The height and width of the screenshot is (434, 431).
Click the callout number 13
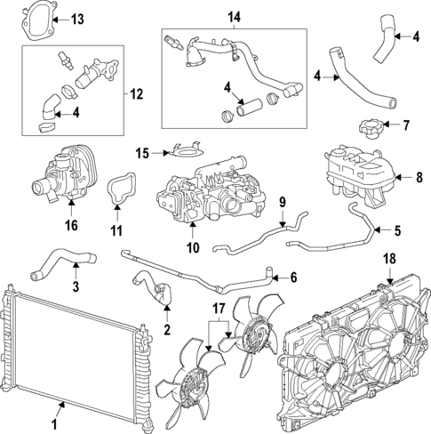[x=78, y=19]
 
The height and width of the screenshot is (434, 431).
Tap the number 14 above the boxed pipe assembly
[x=234, y=17]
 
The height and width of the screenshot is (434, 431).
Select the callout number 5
[x=396, y=230]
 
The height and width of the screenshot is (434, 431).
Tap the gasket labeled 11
[x=116, y=191]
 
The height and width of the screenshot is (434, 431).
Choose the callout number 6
[x=293, y=277]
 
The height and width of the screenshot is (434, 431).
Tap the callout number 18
[x=388, y=260]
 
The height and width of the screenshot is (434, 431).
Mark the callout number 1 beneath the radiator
[x=60, y=408]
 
